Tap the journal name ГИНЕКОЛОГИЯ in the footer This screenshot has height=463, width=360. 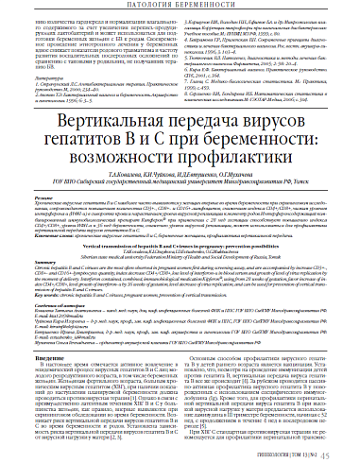pyautogui.click(x=285, y=453)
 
